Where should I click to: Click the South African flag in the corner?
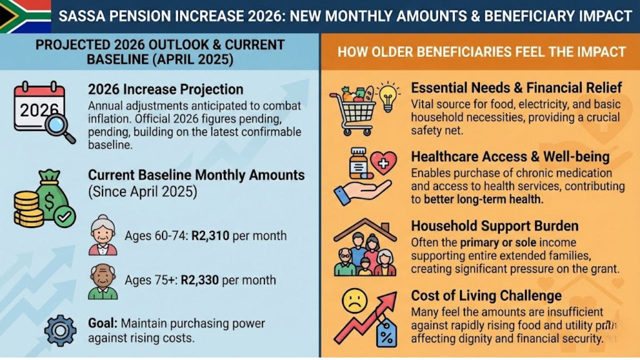pyautogui.click(x=25, y=16)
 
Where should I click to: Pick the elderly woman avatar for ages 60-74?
pyautogui.click(x=103, y=235)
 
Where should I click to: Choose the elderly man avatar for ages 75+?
pyautogui.click(x=103, y=281)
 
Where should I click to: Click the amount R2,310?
pyautogui.click(x=210, y=235)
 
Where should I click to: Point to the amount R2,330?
pyautogui.click(x=199, y=280)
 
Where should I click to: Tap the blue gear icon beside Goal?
pyautogui.click(x=60, y=330)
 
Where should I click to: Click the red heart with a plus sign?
pyautogui.click(x=383, y=163)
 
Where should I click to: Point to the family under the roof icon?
pyautogui.click(x=365, y=248)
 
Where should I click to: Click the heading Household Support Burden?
pyautogui.click(x=494, y=225)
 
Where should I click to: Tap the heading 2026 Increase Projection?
pyautogui.click(x=165, y=89)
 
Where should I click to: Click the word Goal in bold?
pyautogui.click(x=102, y=323)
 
